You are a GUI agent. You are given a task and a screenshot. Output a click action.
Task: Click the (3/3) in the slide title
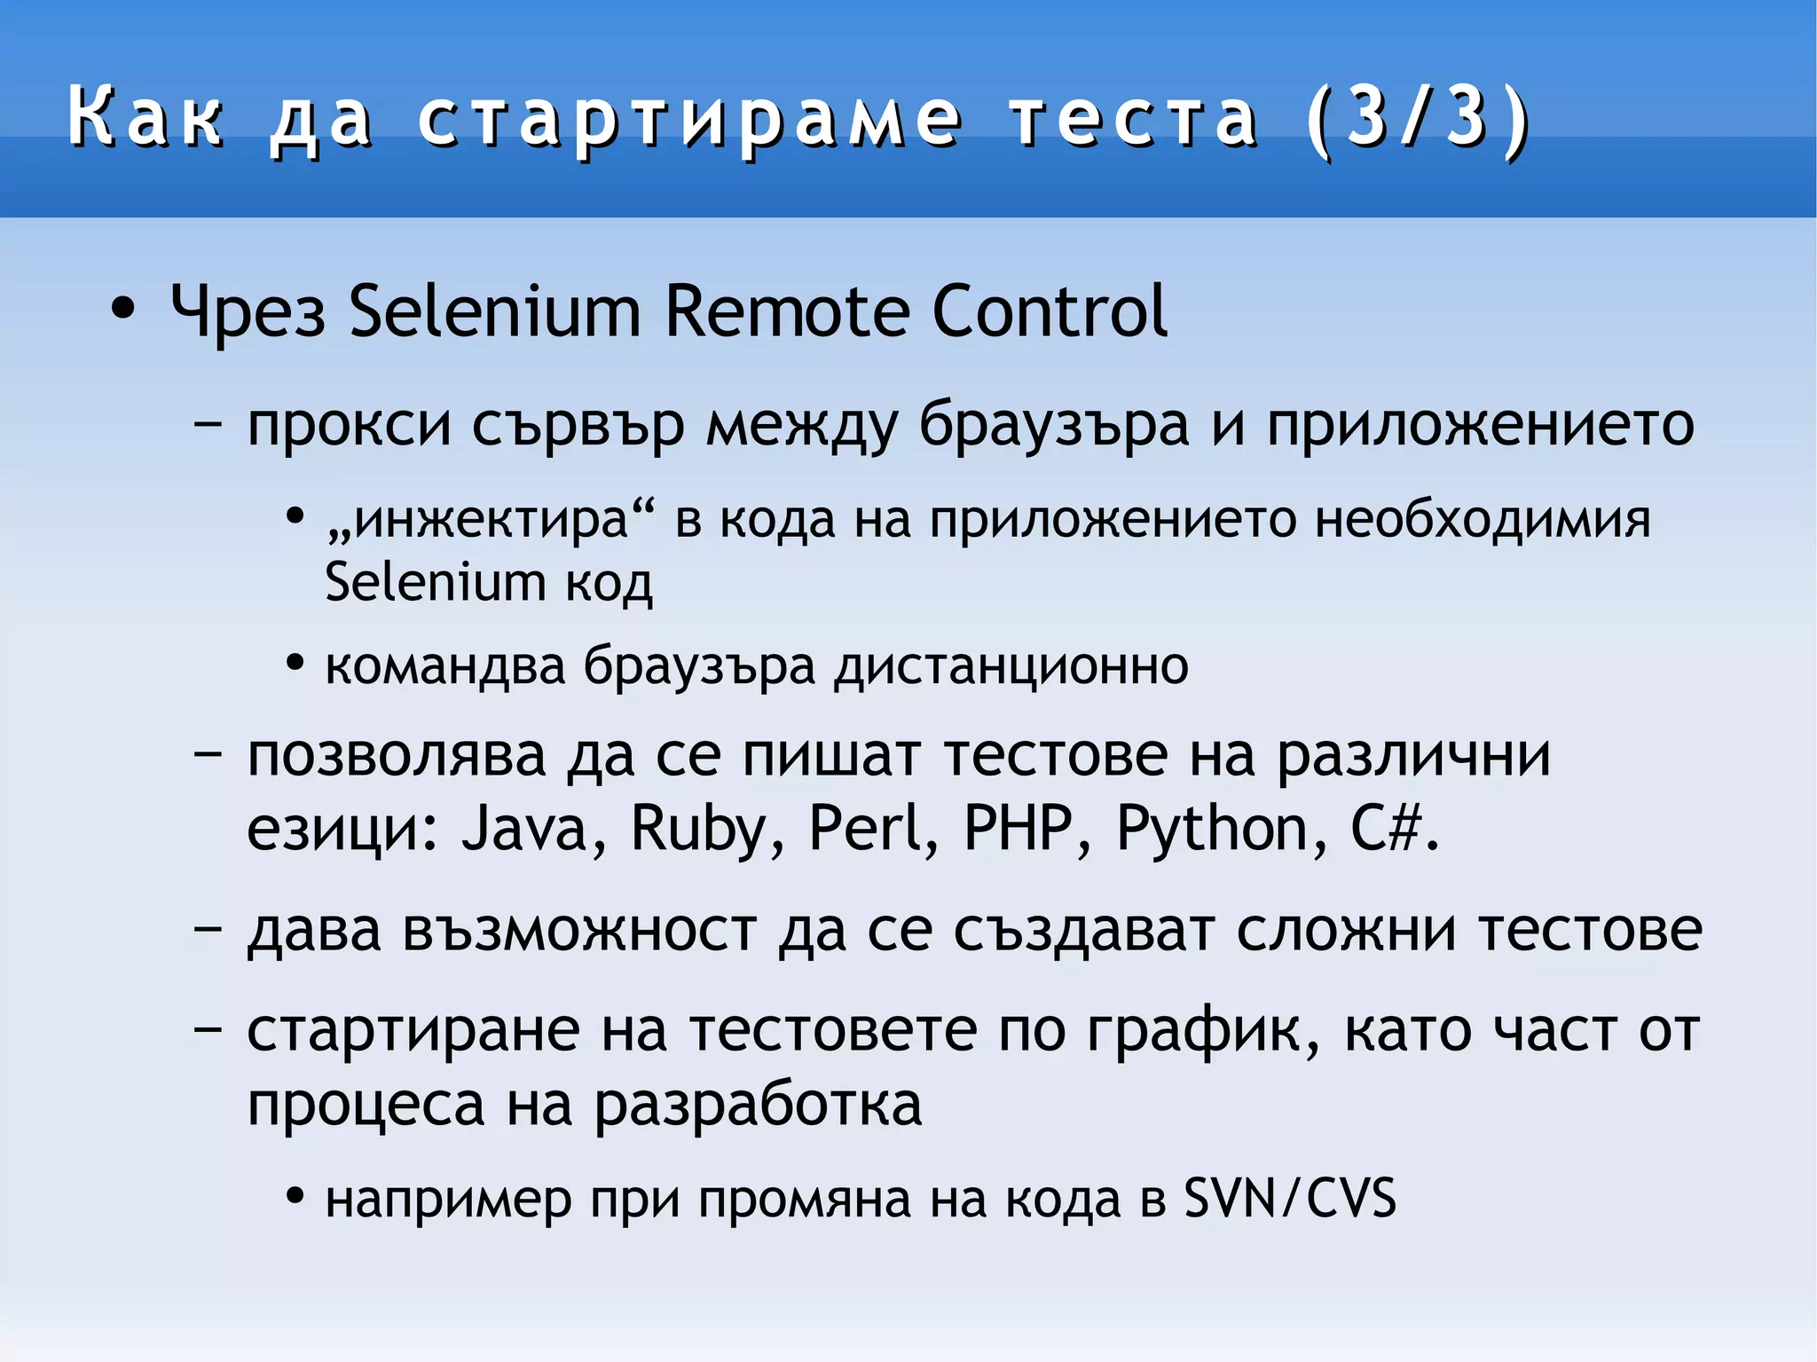[x=1419, y=118]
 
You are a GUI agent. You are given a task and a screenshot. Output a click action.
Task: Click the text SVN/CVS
[x=1290, y=1198]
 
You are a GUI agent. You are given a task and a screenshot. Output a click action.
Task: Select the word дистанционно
[x=1011, y=665]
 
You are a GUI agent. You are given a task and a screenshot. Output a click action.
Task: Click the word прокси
[x=350, y=426]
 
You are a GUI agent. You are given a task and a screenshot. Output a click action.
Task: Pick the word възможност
[x=578, y=932]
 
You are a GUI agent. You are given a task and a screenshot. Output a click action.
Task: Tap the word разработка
[x=758, y=1106]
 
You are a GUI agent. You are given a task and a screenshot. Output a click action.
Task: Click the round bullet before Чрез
[x=122, y=310]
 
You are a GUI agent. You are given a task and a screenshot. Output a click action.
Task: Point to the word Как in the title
[x=146, y=118]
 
